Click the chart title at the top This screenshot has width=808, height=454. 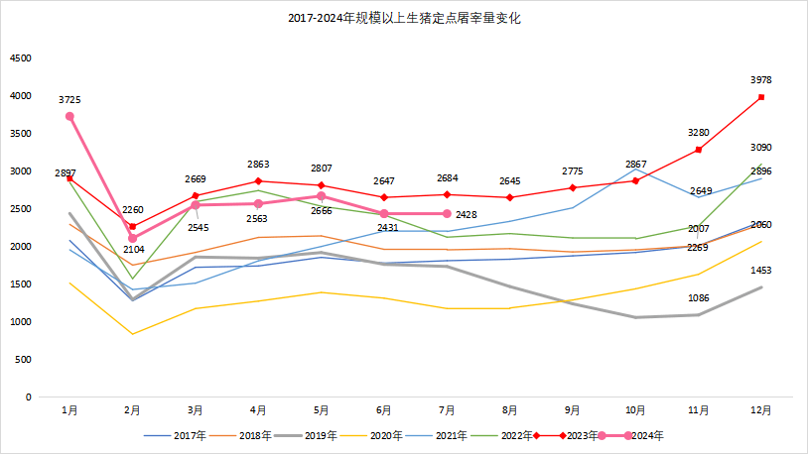point(404,18)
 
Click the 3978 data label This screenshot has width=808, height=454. point(761,80)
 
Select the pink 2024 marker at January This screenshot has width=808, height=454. point(69,116)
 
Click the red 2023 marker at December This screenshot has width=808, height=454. point(761,97)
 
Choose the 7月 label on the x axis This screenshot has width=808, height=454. point(447,409)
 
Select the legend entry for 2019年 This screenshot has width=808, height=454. point(315,435)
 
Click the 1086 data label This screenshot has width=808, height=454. point(699,298)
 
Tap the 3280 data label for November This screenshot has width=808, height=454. point(699,132)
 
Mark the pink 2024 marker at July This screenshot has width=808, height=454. point(447,214)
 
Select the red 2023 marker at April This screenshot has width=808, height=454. point(258,181)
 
